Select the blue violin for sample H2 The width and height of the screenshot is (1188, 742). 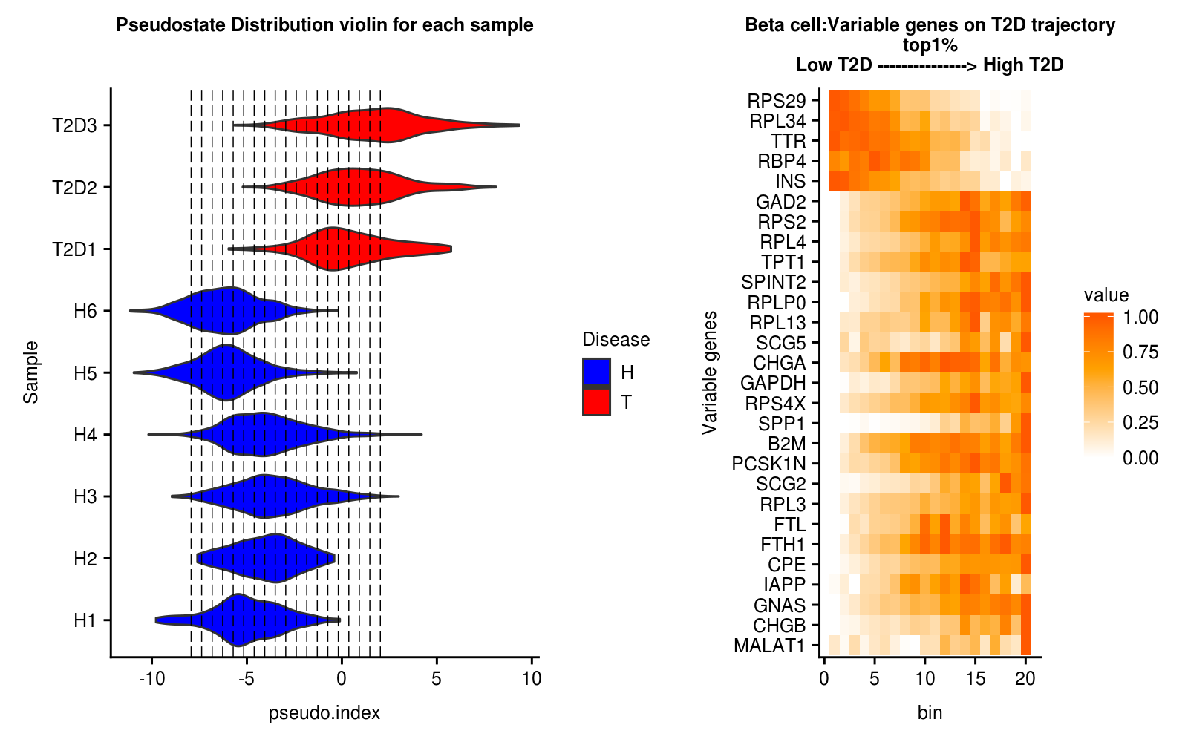275,558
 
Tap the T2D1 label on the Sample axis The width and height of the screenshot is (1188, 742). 74,249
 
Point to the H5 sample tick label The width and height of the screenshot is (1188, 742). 85,373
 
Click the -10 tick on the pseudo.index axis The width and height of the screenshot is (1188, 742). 151,678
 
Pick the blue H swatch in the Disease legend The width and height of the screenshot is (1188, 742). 596,372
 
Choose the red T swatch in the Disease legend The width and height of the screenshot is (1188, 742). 596,402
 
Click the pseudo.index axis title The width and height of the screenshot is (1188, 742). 324,713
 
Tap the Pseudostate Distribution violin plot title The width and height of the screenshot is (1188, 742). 324,25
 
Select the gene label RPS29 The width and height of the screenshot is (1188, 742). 777,100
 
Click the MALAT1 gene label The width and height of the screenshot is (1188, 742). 769,646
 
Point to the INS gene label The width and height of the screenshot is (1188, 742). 790,181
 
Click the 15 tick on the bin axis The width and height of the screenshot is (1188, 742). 976,678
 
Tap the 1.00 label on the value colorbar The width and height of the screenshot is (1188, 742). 1140,317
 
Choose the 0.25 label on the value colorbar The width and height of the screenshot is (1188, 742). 1140,422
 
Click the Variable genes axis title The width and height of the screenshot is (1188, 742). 710,372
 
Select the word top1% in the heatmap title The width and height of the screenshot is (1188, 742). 930,45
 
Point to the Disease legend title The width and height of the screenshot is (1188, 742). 616,339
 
